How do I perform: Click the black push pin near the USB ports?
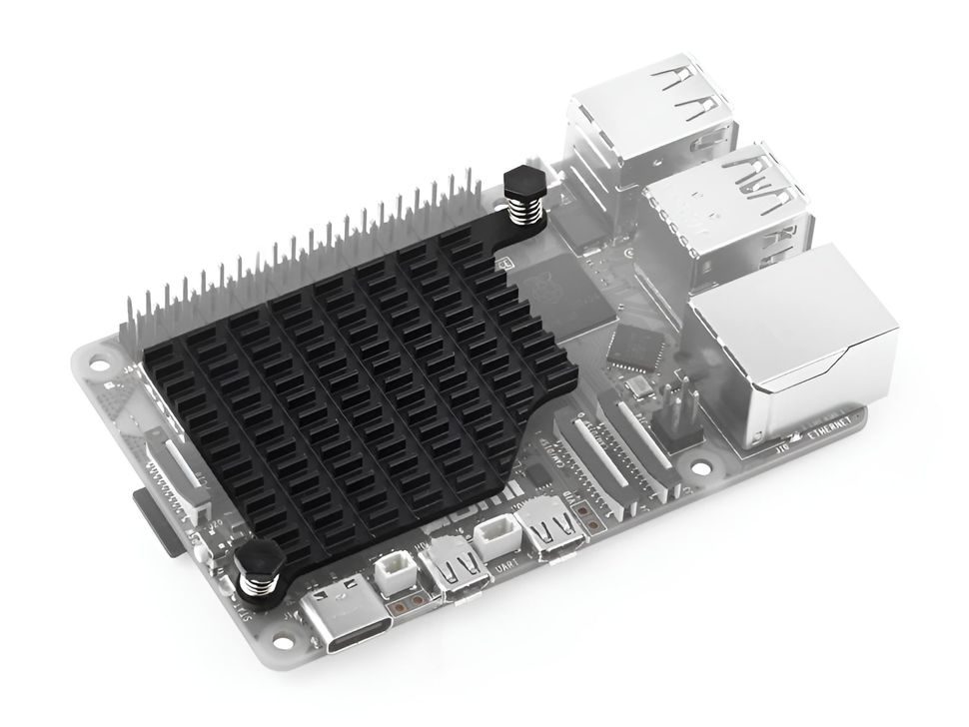(522, 185)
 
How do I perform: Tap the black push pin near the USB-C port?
(262, 564)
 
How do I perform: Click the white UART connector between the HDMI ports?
(496, 539)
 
